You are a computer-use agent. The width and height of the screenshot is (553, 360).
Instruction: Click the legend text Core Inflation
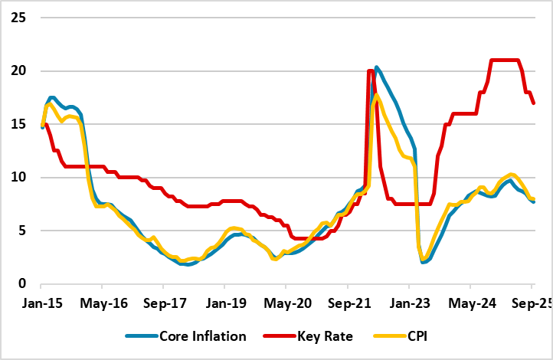pyautogui.click(x=203, y=336)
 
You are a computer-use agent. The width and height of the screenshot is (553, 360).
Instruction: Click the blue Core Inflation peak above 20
pyautogui.click(x=377, y=67)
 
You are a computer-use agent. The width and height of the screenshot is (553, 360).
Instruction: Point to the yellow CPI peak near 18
pyautogui.click(x=376, y=96)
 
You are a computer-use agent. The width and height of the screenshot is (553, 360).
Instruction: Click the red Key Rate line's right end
pyautogui.click(x=534, y=103)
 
